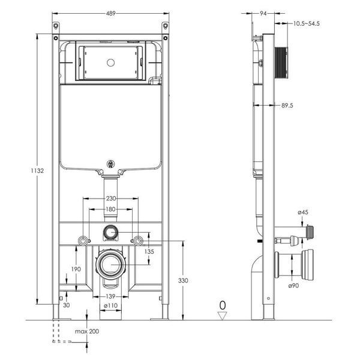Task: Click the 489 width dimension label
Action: (110, 14)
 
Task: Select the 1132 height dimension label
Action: (37, 170)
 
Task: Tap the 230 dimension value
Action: (110, 199)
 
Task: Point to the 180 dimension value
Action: (110, 209)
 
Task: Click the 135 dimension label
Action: (149, 251)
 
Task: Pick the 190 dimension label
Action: (76, 269)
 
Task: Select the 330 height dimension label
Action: (183, 280)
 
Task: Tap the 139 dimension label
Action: (110, 296)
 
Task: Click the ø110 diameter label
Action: (110, 305)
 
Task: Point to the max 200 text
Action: (87, 331)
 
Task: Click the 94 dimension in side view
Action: (263, 14)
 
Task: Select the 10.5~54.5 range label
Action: (306, 23)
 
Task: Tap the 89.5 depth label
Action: (287, 106)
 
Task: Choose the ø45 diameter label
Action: (303, 212)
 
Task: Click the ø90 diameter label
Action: (293, 286)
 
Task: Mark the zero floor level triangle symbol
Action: (222, 316)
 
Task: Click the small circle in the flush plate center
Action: (110, 62)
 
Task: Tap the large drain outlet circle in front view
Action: (111, 265)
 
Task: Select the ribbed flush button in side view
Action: (281, 63)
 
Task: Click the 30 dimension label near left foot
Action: (66, 305)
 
